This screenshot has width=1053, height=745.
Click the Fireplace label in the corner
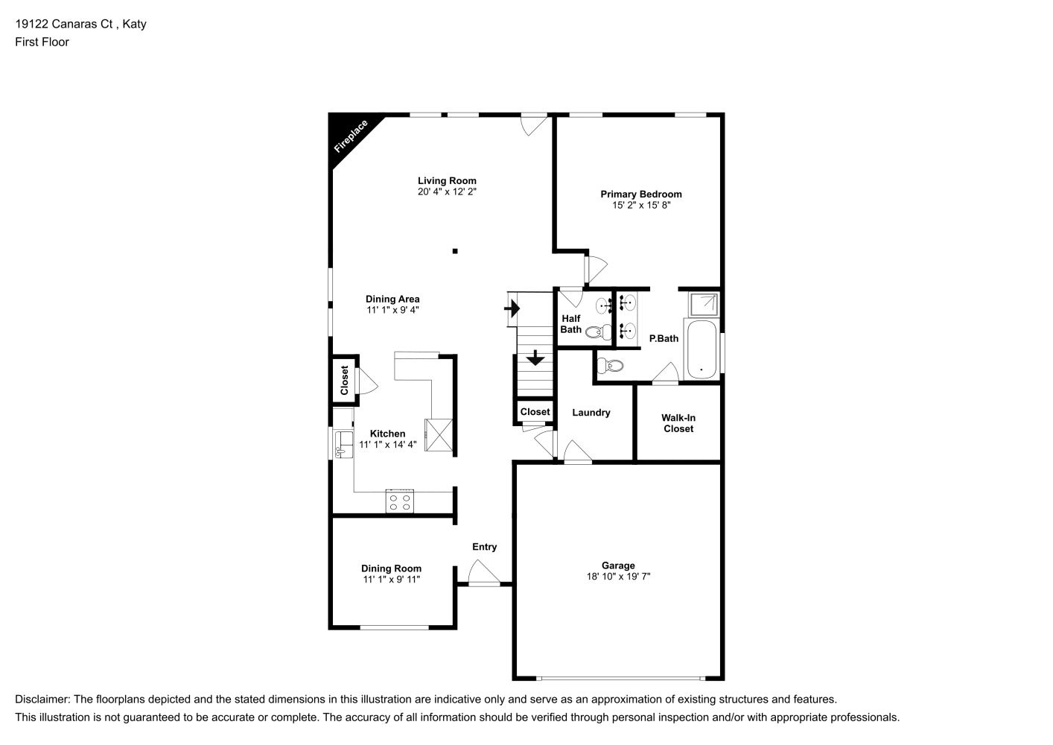pos(351,136)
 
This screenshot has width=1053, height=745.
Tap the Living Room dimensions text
pos(447,192)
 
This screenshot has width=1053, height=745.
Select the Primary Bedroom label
pos(640,194)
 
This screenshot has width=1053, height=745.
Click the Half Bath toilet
pos(599,332)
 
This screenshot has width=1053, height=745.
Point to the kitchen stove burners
pos(400,501)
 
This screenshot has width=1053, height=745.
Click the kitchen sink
pos(343,444)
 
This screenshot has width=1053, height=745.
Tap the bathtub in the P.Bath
pos(702,349)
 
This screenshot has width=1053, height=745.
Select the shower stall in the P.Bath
pos(703,304)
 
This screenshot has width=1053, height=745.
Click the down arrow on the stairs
pos(535,358)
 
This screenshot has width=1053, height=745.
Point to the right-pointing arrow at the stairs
pos(512,308)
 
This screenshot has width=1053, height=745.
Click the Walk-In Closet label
pos(678,423)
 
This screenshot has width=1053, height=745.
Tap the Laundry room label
pos(591,413)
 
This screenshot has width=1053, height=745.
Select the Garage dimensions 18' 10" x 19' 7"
pos(618,577)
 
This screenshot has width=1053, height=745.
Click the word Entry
pos(484,547)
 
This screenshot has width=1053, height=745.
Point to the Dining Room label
pos(391,568)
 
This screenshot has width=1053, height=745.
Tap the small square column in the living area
pos(455,251)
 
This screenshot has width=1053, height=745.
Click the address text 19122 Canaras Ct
pos(64,24)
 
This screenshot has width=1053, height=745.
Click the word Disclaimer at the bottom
pos(42,700)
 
